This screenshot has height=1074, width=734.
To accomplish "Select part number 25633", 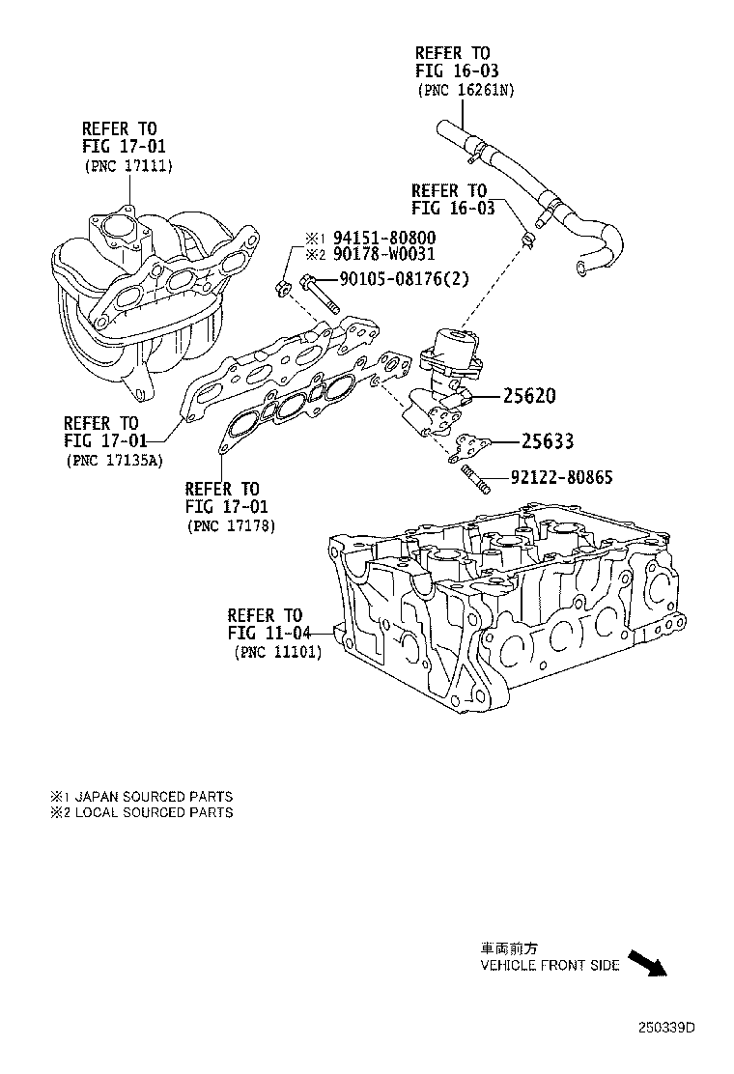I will tap(548, 441).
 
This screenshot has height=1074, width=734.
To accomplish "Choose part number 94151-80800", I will tap(383, 238).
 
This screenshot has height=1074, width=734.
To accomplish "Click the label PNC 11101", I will tap(278, 652).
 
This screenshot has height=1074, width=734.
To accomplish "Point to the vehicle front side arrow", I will tap(648, 963).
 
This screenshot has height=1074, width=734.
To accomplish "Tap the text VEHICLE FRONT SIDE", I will tap(550, 966).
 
